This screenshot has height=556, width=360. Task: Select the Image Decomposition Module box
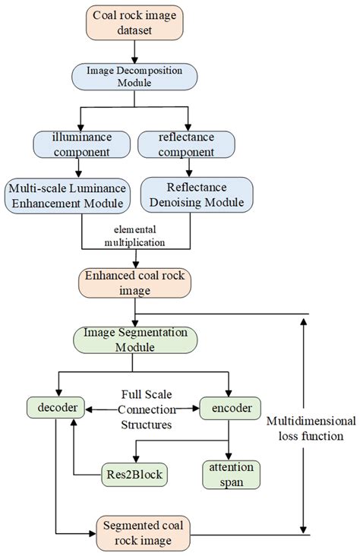[x=134, y=78]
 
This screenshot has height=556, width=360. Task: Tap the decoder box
[x=55, y=408]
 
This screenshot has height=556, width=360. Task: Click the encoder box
[x=230, y=408]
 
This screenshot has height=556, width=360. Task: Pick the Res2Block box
[x=134, y=475]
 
